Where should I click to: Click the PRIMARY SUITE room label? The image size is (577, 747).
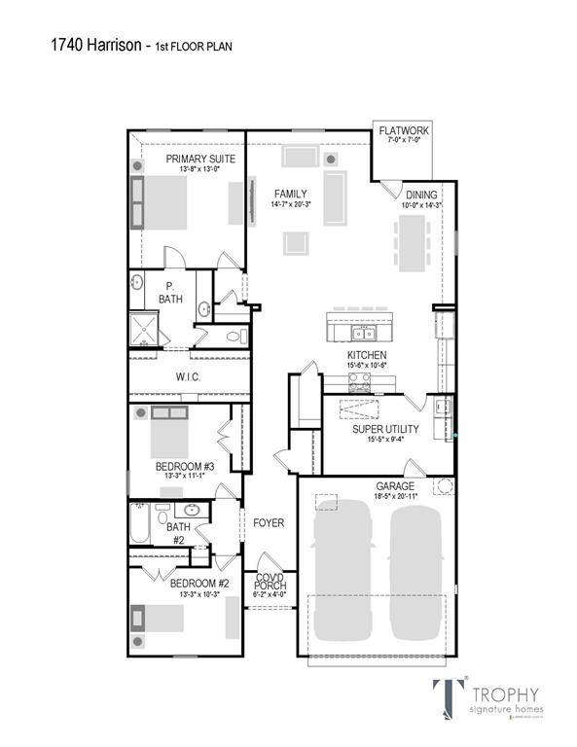click(x=200, y=159)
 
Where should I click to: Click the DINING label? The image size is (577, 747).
click(x=421, y=195)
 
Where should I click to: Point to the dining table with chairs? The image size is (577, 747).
click(x=411, y=244)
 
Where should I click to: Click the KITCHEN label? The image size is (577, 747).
click(x=367, y=355)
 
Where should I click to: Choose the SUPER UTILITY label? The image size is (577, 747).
click(x=386, y=428)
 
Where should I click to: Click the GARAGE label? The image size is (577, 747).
click(x=395, y=485)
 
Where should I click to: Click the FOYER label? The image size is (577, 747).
click(x=269, y=522)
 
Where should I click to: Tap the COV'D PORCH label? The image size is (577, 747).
click(x=270, y=581)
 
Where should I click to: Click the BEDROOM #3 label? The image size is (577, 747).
click(x=185, y=466)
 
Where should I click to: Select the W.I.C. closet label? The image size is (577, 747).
click(x=188, y=376)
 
